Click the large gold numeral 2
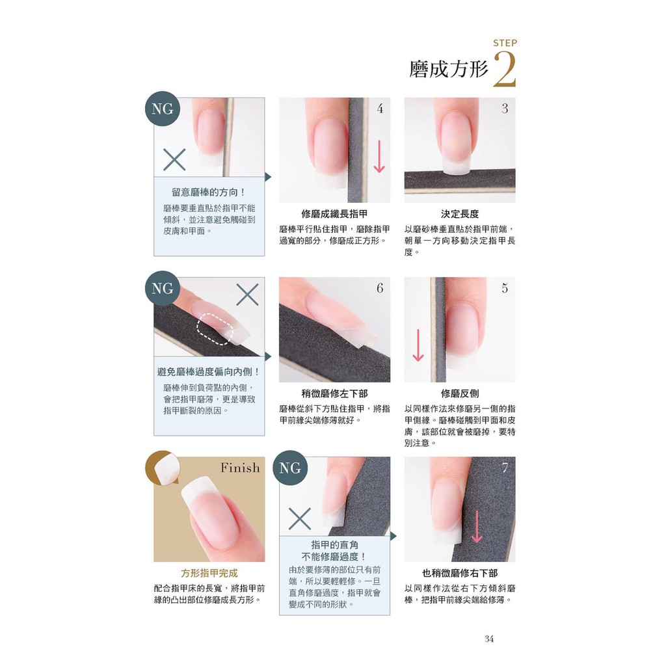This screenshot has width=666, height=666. click(505, 69)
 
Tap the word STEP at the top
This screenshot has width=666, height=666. click(505, 43)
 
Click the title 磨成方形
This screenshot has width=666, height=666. click(449, 69)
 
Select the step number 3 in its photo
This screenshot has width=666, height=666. click(505, 109)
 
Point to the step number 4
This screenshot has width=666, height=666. click(380, 109)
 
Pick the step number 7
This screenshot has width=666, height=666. click(505, 468)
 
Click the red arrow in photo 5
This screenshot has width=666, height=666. click(418, 345)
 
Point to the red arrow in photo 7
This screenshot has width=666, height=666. click(477, 527)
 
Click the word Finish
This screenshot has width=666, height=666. click(240, 468)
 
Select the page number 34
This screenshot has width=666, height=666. click(489, 639)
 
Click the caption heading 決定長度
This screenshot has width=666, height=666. click(460, 214)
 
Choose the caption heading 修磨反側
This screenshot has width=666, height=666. click(460, 393)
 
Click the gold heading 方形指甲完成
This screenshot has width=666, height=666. click(209, 574)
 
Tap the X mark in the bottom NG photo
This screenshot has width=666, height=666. click(299, 518)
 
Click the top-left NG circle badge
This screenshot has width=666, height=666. click(162, 109)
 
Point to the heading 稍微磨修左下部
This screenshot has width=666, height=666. click(334, 393)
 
